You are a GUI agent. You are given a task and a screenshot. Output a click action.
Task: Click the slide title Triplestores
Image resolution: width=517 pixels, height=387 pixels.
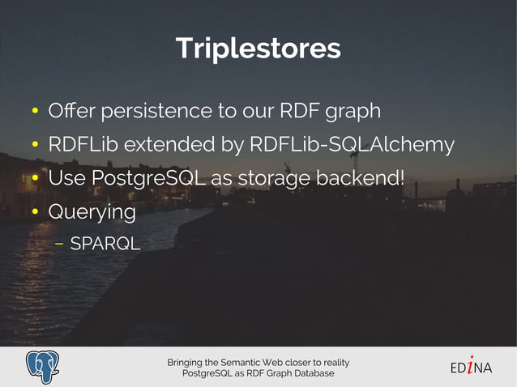click(258, 48)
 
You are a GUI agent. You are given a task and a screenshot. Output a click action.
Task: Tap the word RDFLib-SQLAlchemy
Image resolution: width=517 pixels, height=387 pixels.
click(352, 145)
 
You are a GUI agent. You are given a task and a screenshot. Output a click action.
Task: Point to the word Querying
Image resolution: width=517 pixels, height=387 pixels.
click(92, 212)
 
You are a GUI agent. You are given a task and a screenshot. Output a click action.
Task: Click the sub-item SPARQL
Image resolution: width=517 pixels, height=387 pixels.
click(105, 243)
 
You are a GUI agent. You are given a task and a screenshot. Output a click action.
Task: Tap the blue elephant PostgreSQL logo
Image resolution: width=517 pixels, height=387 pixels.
click(46, 367)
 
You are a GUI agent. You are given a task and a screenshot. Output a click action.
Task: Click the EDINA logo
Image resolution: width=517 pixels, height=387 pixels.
click(471, 367)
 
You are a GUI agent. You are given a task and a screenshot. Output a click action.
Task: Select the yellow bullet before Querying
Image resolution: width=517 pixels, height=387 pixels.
click(36, 213)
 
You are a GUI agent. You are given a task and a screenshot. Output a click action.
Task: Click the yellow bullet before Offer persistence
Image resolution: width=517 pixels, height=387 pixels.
click(36, 111)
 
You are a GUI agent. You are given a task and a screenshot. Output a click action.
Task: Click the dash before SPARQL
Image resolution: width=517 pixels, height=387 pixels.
click(60, 243)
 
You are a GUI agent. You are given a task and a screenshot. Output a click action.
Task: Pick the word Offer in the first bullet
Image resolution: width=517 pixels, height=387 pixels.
click(69, 110)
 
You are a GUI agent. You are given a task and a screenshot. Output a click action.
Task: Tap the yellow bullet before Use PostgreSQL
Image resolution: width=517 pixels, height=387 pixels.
click(36, 179)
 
